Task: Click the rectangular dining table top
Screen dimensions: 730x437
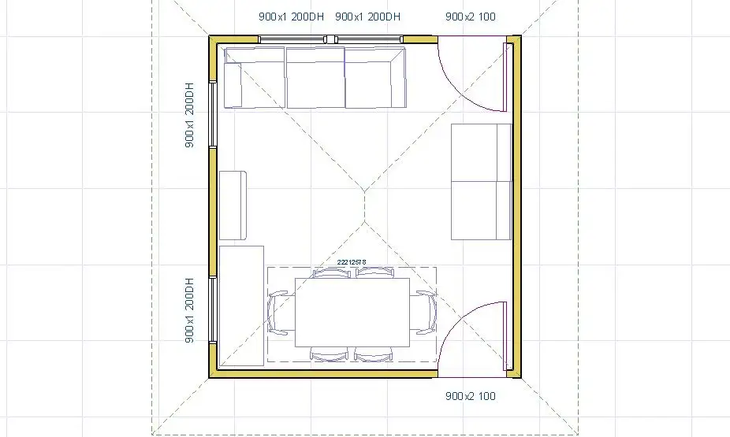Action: tap(352, 313)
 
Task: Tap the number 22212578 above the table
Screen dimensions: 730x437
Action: tap(352, 262)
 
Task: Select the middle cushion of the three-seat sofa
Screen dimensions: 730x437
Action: tap(315, 77)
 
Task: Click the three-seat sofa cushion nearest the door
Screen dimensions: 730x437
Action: tap(374, 77)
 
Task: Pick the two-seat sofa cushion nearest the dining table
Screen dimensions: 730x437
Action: tap(482, 210)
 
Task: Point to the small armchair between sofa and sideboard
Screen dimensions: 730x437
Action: tap(233, 206)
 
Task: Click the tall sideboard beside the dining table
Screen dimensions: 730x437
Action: tap(241, 306)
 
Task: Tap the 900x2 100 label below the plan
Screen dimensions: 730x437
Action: tap(470, 396)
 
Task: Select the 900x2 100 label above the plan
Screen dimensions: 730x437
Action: tap(470, 17)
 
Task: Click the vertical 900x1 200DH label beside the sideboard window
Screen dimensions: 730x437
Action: tap(189, 310)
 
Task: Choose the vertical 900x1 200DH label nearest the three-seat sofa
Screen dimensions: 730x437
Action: tap(189, 115)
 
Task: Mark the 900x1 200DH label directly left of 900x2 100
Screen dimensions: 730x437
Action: tap(368, 17)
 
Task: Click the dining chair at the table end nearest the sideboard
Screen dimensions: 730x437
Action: tap(279, 313)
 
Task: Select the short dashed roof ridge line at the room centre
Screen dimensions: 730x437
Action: tap(365, 206)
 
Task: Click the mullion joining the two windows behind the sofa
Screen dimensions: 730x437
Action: tap(330, 39)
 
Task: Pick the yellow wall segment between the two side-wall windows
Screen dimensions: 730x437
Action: tap(213, 212)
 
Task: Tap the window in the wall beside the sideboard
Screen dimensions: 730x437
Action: tap(213, 309)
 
